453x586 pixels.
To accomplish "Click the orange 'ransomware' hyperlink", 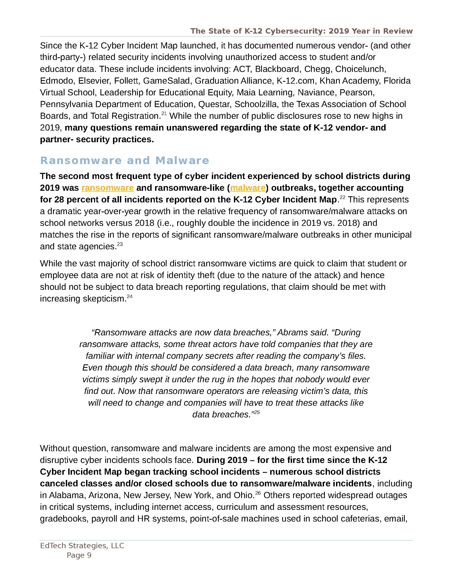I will click(107, 188).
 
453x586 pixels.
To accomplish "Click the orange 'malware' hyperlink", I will click(248, 188).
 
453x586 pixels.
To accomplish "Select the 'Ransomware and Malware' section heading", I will click(124, 160).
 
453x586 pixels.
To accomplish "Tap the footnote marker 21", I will click(164, 114).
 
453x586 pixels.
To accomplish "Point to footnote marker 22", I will click(342, 197).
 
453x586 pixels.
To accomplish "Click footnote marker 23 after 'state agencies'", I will click(120, 244).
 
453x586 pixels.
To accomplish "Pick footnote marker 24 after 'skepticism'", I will click(130, 296).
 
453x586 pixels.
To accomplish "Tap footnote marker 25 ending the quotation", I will click(257, 412).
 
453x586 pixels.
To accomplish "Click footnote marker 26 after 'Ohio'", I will click(257, 493).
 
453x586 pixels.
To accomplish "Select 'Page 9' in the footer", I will click(79, 555).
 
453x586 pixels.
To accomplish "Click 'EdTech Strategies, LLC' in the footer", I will click(82, 546).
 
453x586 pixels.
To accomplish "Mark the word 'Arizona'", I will click(104, 495).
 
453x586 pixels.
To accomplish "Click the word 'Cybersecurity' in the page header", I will click(295, 31).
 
